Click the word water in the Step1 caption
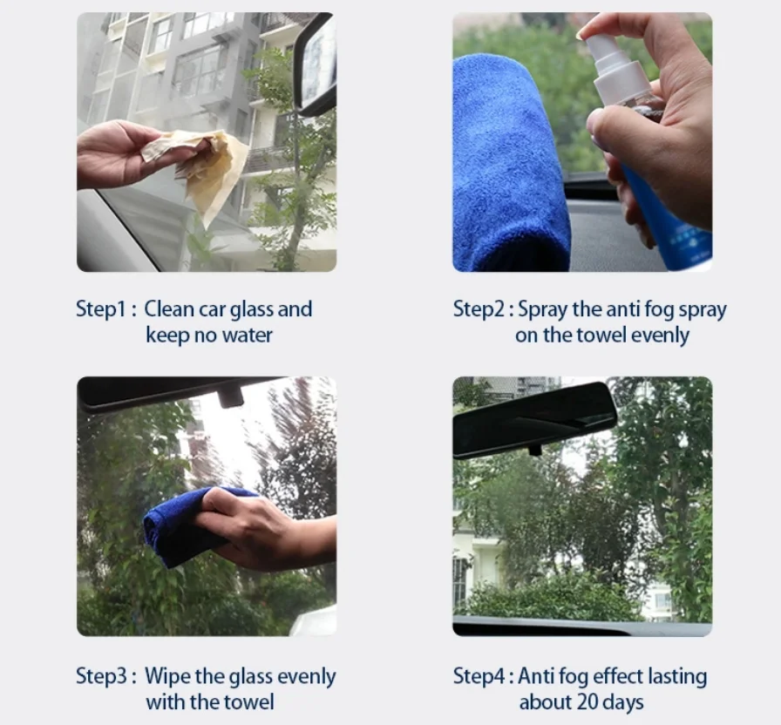pos(247,335)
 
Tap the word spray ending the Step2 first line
pos(703,310)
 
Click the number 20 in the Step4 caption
pos(587,702)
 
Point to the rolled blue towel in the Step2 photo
pos(511,165)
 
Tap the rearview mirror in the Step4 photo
pos(534,418)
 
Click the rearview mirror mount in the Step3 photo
pos(230,397)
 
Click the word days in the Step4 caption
pos(622,702)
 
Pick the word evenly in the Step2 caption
pos(660,335)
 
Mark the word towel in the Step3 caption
pos(250,702)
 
